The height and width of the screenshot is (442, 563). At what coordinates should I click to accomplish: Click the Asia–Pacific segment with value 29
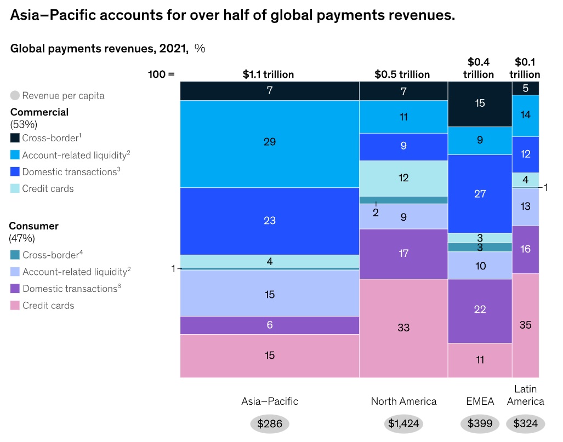(269, 143)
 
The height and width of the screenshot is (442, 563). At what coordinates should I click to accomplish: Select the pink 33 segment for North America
(403, 328)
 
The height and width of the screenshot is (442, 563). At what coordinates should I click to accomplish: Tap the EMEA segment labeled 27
(480, 193)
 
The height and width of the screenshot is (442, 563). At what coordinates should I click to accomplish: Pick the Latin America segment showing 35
(525, 325)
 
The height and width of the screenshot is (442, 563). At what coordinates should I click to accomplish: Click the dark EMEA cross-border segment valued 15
(480, 104)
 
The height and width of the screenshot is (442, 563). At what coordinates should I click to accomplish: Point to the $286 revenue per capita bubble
(269, 423)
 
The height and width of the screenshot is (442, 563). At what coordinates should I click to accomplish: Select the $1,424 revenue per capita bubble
(403, 423)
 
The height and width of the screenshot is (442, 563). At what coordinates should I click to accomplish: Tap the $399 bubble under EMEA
(480, 423)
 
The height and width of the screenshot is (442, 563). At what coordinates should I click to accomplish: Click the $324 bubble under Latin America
(525, 423)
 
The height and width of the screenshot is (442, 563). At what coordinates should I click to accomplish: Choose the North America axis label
(403, 401)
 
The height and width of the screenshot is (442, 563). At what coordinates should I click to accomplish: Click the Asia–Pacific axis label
(269, 401)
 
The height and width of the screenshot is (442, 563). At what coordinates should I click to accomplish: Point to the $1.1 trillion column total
(268, 74)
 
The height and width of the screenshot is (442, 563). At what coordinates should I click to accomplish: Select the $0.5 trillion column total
(402, 74)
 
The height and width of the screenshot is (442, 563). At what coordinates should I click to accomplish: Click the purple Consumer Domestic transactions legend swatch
(15, 289)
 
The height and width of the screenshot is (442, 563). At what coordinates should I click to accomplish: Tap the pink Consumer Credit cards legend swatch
(15, 306)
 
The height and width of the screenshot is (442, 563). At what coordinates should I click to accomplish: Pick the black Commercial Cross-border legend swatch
(15, 138)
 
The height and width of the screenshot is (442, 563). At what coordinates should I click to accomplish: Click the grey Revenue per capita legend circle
(15, 96)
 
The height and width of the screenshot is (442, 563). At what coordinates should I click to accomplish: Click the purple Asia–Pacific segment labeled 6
(269, 325)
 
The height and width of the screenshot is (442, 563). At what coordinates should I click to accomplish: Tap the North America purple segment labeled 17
(403, 254)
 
